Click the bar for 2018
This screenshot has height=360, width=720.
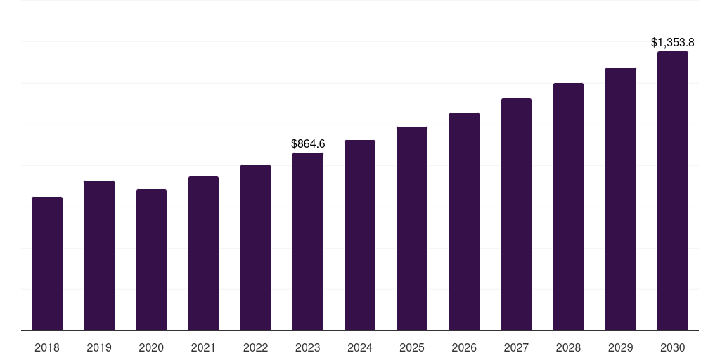pos(47,264)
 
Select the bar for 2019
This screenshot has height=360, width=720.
pos(99,256)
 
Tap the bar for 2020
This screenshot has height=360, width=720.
pos(151,260)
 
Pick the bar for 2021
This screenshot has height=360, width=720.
pos(203,254)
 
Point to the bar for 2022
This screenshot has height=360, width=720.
pos(255,247)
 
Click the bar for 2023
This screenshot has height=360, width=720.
pos(308,242)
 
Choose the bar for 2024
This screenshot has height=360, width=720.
pos(360,236)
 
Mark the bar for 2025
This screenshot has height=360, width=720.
pos(412,229)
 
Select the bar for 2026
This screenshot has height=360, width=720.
pos(464,221)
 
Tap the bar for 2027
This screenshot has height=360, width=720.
pos(516,214)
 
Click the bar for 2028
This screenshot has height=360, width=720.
pos(568,207)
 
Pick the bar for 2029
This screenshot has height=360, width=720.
pos(620,199)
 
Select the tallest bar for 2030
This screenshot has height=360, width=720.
pos(673,191)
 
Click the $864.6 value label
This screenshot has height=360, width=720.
pos(308,144)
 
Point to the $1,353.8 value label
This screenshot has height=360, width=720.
pos(673,43)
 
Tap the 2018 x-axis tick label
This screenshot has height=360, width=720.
pos(47,348)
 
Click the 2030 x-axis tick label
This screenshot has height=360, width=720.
pos(673,348)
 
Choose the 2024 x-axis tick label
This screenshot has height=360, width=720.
pos(360,348)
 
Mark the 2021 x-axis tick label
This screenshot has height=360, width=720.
pos(203,348)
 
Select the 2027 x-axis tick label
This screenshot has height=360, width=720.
pos(516,348)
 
